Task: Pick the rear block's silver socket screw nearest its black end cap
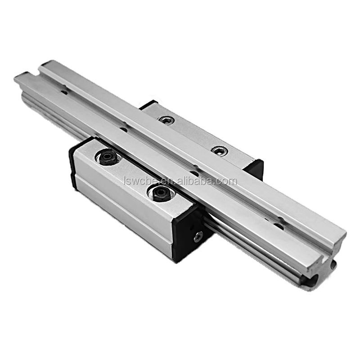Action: (x=219, y=151)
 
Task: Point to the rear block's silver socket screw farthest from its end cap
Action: (x=167, y=120)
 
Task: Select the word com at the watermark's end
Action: (x=228, y=181)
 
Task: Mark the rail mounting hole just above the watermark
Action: (x=194, y=172)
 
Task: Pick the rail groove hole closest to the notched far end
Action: (x=64, y=91)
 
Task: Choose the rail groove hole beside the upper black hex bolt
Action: (x=123, y=129)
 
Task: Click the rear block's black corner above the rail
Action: (x=148, y=105)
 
